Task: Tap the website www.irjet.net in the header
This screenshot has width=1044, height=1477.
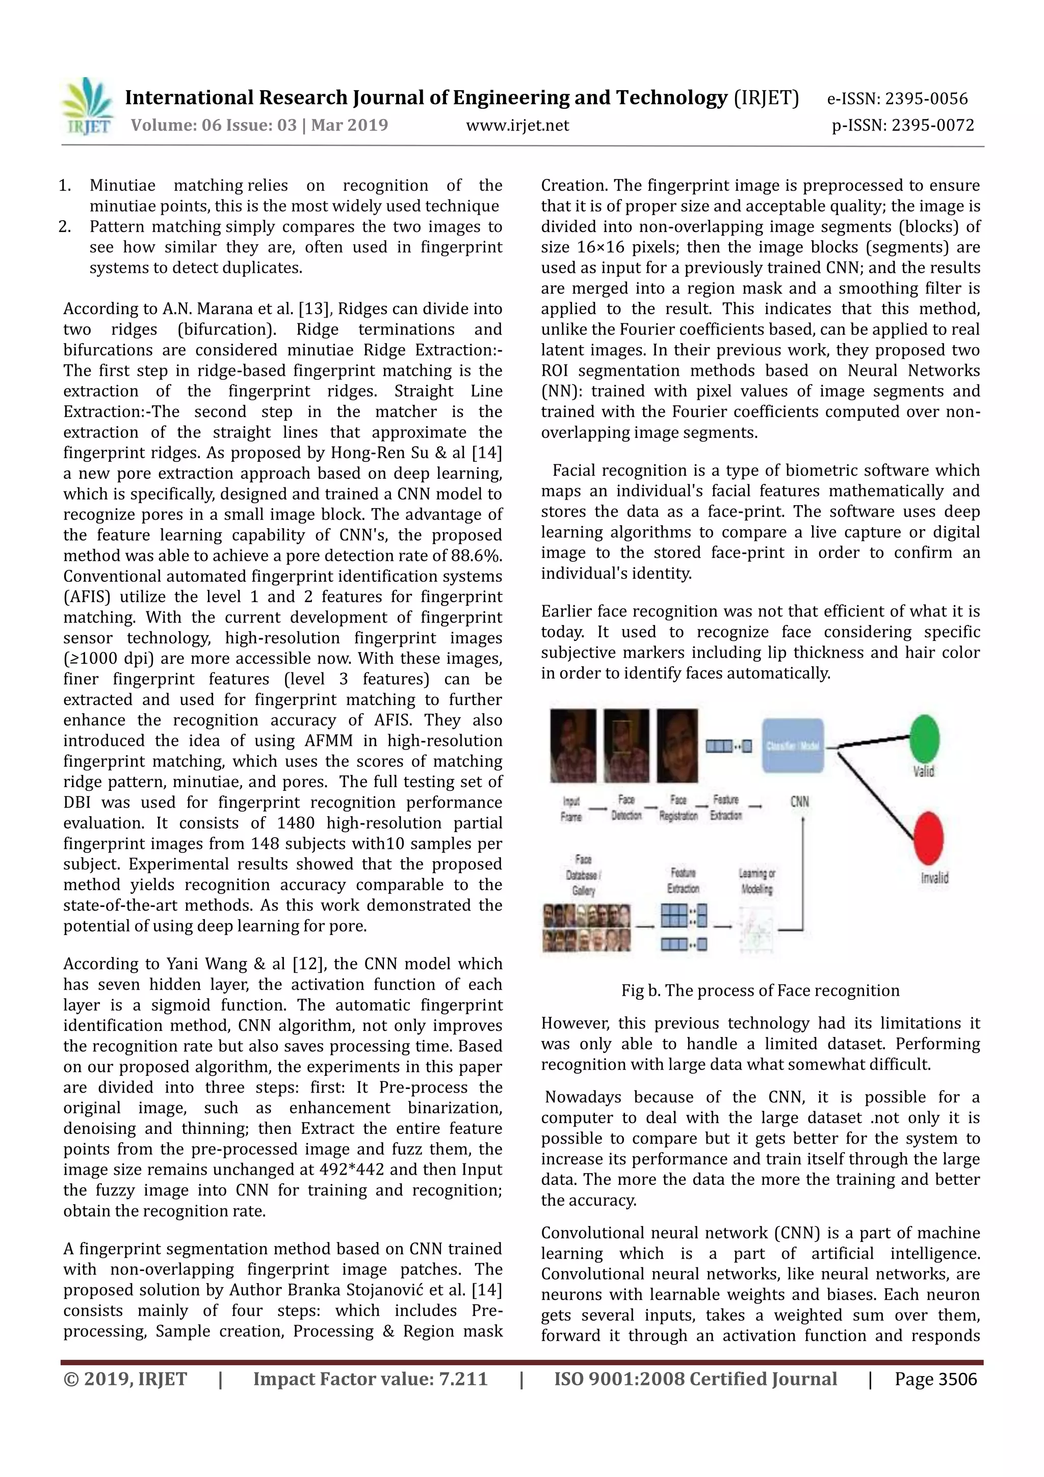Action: click(517, 125)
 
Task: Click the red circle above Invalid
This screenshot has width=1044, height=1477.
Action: click(928, 838)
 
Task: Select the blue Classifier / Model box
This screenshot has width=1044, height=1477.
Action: click(793, 745)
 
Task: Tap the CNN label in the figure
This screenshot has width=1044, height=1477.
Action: click(799, 801)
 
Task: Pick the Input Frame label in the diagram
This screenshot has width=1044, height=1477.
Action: click(571, 809)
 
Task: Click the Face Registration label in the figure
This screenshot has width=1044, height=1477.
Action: click(678, 808)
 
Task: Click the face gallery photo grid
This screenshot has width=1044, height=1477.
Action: click(586, 927)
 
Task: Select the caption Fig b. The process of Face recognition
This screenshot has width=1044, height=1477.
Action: click(760, 990)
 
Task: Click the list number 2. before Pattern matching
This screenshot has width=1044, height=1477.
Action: click(64, 226)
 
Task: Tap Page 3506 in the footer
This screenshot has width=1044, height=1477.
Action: click(935, 1379)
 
